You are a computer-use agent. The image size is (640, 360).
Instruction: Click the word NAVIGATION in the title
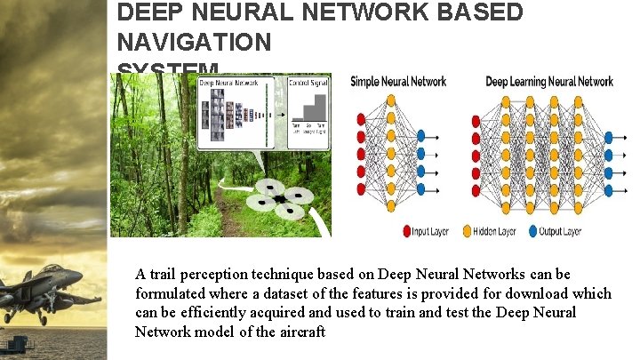[x=194, y=42]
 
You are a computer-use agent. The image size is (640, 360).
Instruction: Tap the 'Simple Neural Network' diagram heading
[x=398, y=82]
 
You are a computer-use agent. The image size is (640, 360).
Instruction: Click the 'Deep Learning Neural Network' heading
[x=549, y=82]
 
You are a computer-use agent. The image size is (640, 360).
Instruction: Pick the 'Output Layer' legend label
[x=559, y=231]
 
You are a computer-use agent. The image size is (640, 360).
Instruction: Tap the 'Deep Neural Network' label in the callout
[x=228, y=83]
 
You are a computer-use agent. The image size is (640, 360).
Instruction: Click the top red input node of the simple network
[x=361, y=119]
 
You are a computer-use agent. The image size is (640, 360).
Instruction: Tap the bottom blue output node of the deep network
[x=609, y=186]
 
